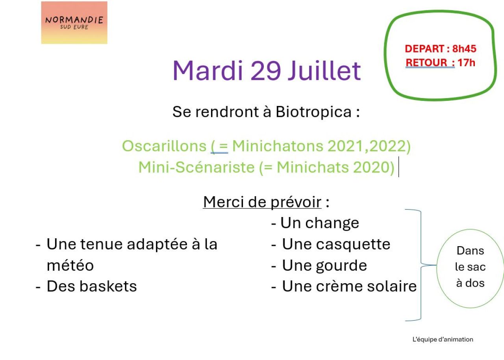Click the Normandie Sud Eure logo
pos(74,23)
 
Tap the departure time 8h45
pos(464,48)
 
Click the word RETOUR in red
pos(426,63)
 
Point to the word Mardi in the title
pos(208,71)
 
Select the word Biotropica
pos(313,112)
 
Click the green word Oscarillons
pos(164,146)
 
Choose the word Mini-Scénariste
pos(196,167)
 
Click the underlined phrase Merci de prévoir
pos(262,202)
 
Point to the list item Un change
pos(315,223)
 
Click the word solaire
pos(392,286)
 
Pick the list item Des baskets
pos(86,286)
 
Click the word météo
pos(70,265)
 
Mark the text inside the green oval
pos(470,267)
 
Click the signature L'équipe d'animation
pos(443,339)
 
